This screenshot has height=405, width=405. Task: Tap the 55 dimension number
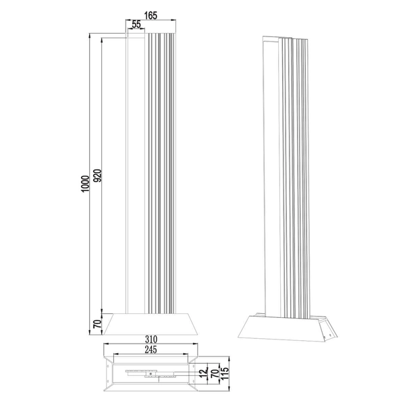137,24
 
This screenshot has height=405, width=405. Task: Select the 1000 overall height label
84,186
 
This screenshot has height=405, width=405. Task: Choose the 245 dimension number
151,350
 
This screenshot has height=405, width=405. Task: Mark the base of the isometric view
286,329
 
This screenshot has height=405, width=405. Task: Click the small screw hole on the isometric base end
329,331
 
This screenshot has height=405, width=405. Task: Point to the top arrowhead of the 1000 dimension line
90,34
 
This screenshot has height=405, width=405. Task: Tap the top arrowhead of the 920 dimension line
101,39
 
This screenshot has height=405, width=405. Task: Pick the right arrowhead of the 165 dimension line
174,20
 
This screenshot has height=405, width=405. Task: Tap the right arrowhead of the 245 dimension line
187,354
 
